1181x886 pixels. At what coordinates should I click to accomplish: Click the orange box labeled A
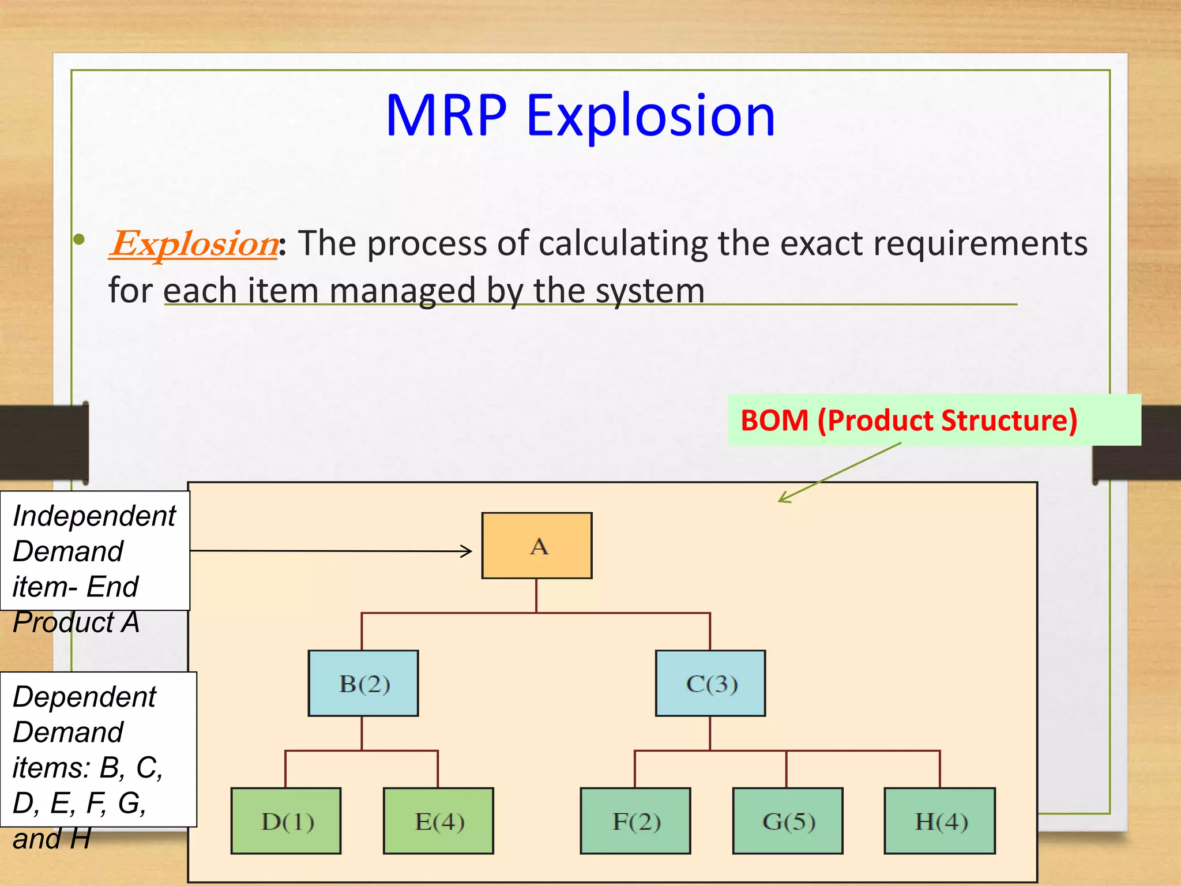coord(537,546)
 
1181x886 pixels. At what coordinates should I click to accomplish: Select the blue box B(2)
coord(363,684)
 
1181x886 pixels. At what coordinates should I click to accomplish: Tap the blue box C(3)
coord(710,684)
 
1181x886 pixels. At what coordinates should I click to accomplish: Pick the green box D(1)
coord(286,821)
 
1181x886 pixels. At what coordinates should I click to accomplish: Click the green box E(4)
coord(438,821)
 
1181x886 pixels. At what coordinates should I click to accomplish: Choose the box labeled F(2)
coord(635,821)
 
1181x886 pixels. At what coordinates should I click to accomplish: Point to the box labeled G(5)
coord(788,821)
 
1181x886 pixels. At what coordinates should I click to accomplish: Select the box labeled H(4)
coord(940,821)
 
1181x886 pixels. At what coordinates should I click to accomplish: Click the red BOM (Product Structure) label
coord(909,420)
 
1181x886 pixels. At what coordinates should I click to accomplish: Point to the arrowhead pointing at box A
coord(467,551)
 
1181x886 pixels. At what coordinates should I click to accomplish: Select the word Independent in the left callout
coord(94,516)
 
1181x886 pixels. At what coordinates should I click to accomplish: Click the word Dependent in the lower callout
coord(84,697)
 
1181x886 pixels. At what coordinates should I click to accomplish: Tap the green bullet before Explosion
coord(80,239)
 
